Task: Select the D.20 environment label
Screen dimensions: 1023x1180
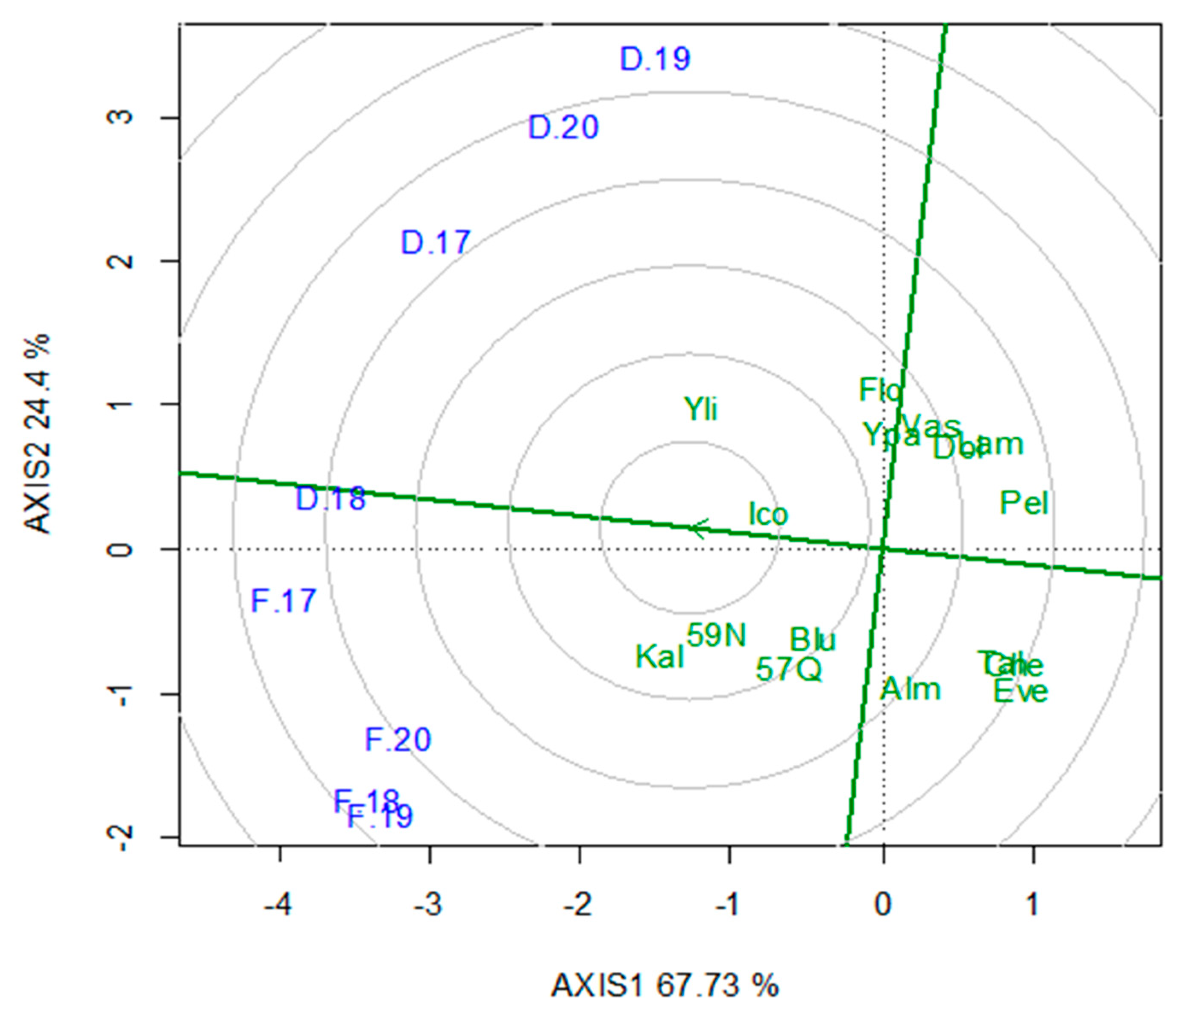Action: tap(563, 127)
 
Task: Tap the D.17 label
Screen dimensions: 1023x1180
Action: tap(435, 242)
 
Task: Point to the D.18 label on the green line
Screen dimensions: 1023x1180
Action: tap(330, 499)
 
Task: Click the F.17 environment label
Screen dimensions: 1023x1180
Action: tap(283, 601)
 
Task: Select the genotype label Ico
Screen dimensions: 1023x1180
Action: tap(768, 514)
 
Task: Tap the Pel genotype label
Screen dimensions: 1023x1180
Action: tap(1024, 503)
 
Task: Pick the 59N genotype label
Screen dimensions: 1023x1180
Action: tap(717, 635)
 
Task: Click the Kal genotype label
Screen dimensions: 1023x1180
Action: tap(659, 657)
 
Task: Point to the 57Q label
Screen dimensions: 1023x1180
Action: tap(789, 669)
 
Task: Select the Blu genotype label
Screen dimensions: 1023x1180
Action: tap(812, 640)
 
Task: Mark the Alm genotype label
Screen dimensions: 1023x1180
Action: tap(910, 690)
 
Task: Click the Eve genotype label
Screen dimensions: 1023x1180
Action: tap(1021, 692)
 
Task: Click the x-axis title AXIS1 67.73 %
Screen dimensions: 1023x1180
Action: tap(665, 986)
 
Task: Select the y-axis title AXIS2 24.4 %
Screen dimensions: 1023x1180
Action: tap(37, 434)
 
